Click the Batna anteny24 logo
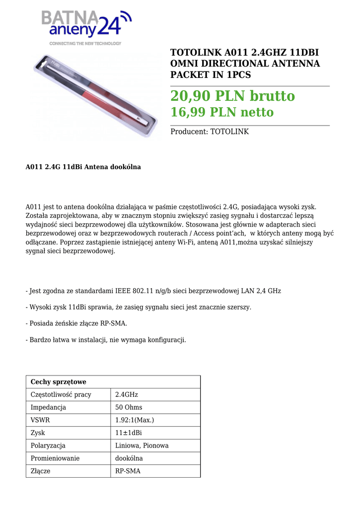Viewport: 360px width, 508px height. coord(86,27)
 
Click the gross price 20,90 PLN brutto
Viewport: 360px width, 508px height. coord(232,96)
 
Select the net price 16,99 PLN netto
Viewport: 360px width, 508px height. coord(222,113)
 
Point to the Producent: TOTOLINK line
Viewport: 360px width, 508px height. coord(210,132)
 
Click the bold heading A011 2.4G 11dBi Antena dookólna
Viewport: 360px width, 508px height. coord(83,167)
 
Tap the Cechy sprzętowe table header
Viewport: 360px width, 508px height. coord(59,382)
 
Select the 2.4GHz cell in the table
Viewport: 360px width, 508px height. coord(127,395)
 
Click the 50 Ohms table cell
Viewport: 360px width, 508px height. coord(129,407)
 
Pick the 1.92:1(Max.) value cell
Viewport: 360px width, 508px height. coord(135,420)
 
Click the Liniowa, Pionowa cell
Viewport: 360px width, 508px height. coord(142,445)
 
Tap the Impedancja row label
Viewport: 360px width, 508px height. coord(48,407)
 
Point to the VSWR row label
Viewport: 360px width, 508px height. coord(40,420)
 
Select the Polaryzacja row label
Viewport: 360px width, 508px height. coord(48,445)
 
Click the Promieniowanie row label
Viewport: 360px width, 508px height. coord(55,458)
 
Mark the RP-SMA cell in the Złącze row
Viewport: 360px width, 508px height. coord(128,471)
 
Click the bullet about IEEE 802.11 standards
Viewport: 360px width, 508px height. coord(153,291)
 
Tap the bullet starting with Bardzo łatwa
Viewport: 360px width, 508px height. coord(106,340)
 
